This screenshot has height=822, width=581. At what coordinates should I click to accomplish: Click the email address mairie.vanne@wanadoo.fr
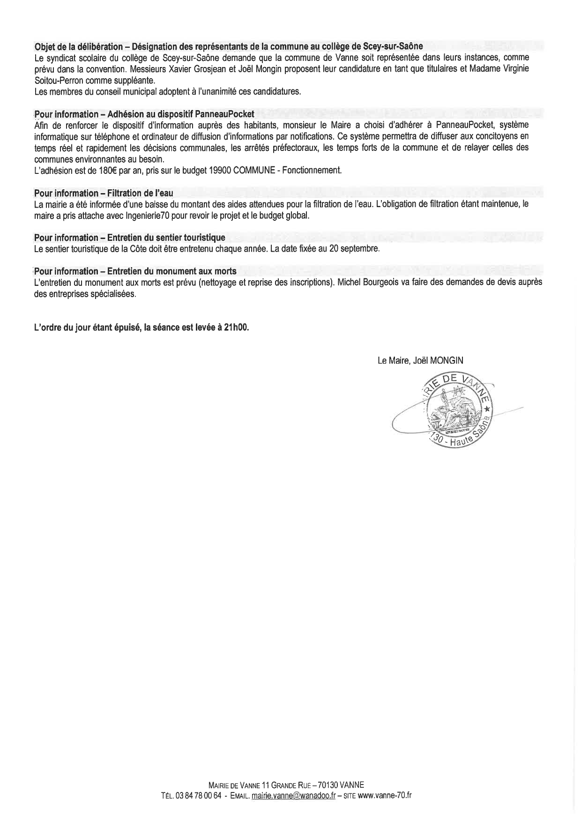tap(293, 795)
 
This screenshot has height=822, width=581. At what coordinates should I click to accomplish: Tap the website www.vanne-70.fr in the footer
tap(384, 795)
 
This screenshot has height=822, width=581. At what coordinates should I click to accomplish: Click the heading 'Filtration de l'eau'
tap(140, 193)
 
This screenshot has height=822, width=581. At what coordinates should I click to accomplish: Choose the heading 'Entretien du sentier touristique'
tap(166, 238)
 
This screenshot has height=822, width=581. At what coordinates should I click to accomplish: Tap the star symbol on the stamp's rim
tap(487, 409)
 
